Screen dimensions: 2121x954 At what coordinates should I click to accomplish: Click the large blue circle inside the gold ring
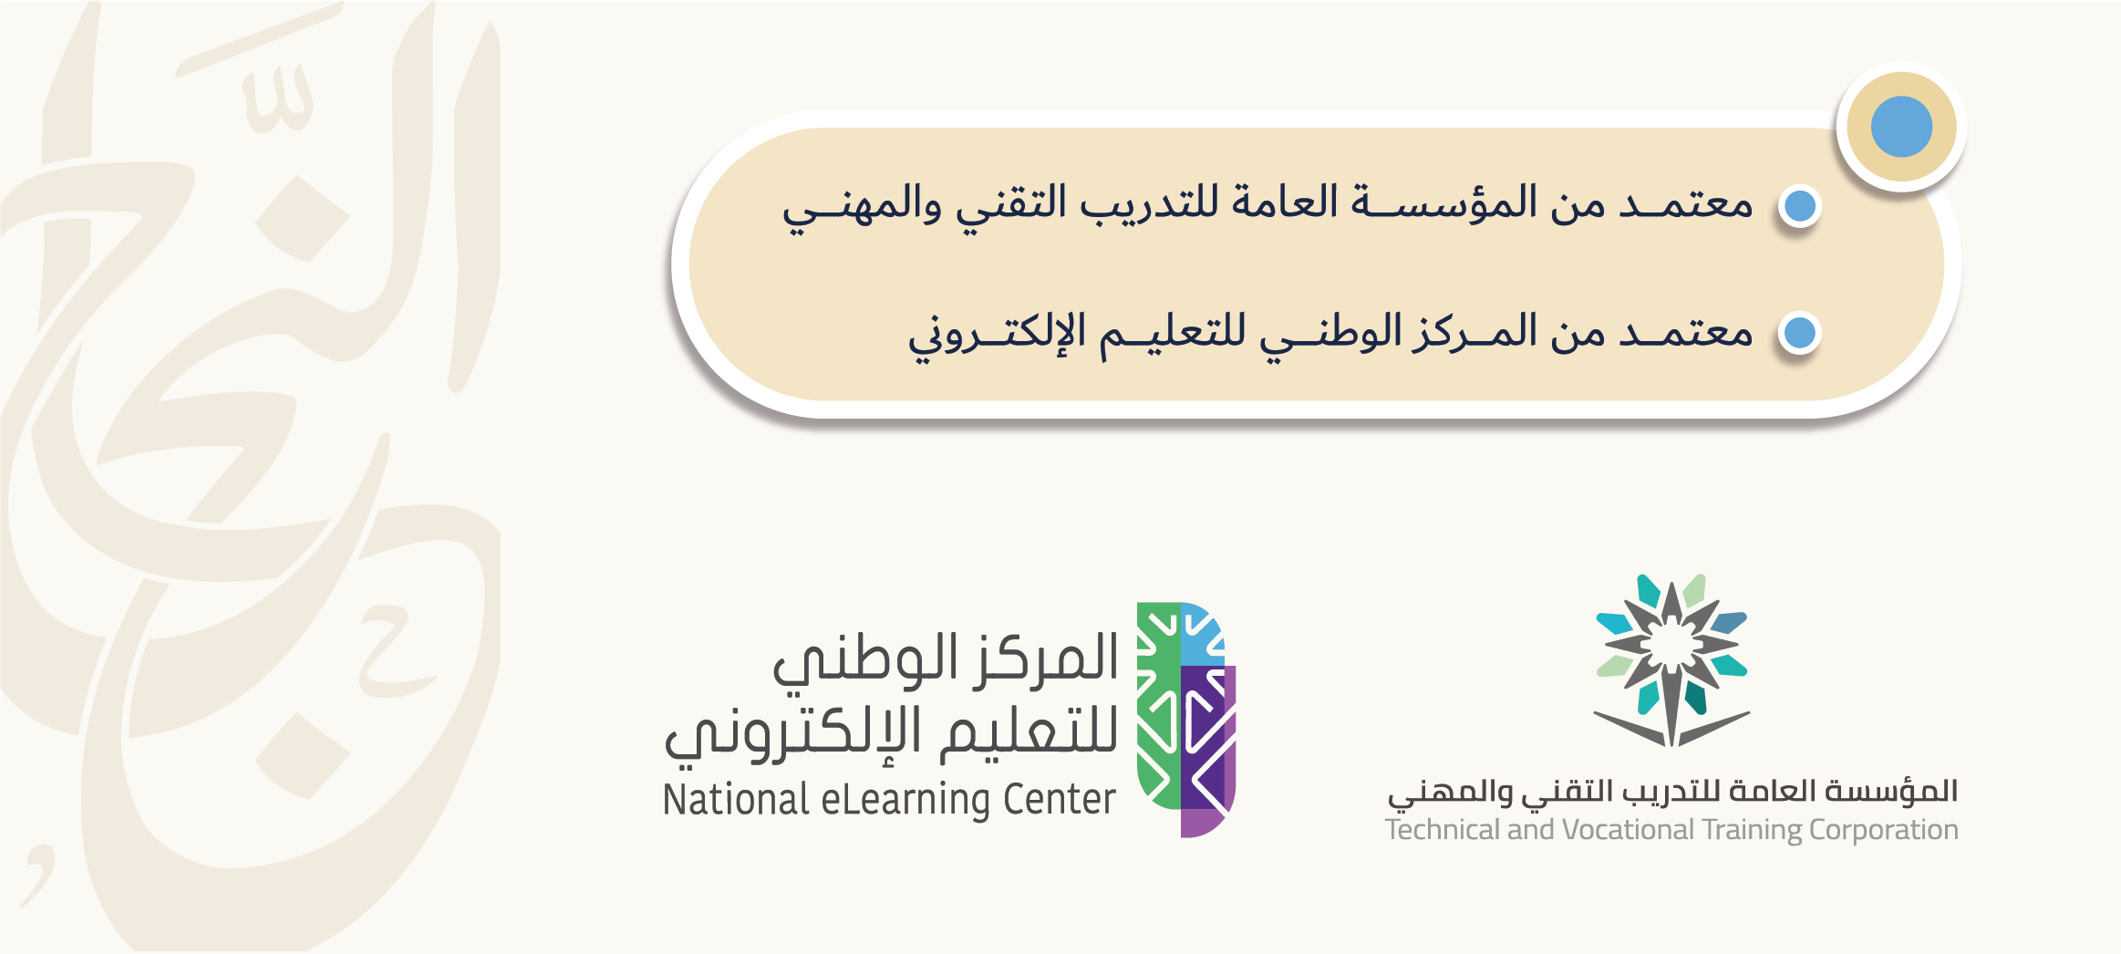click(1901, 127)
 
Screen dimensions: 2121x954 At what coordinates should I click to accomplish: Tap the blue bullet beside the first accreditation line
click(1800, 206)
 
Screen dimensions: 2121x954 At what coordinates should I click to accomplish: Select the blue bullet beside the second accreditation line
click(1800, 333)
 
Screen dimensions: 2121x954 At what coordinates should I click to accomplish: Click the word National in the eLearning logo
click(736, 800)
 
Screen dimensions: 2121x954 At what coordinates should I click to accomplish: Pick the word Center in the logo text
click(1059, 800)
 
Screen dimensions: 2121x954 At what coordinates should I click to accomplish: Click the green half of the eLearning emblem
click(1158, 706)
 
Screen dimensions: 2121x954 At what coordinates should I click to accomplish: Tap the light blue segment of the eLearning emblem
click(1202, 634)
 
